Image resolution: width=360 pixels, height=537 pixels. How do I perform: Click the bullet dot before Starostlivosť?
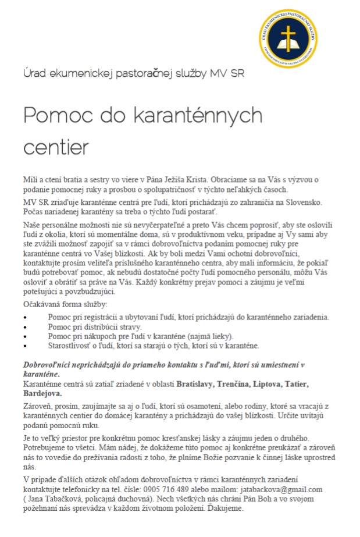25,346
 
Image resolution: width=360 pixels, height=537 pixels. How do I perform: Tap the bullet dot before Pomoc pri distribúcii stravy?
25,327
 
